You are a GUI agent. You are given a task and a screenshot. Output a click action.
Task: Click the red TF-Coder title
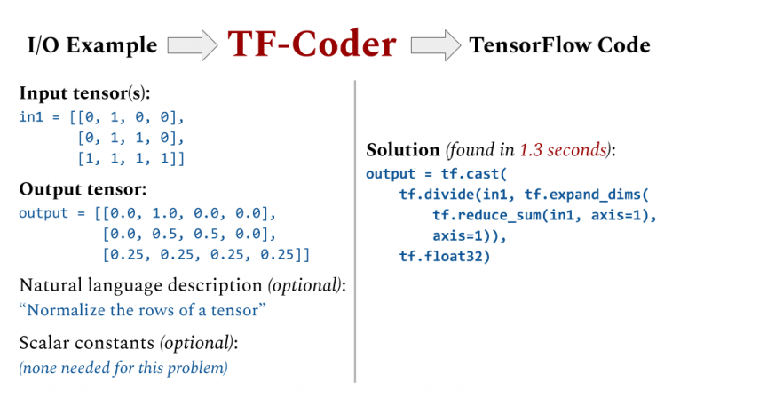(x=312, y=43)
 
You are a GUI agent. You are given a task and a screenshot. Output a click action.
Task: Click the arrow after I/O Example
(x=192, y=44)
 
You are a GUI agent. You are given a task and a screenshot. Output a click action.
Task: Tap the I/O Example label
(x=88, y=45)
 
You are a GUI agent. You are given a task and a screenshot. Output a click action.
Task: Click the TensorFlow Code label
(x=559, y=45)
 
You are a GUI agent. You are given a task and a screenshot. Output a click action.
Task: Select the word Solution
(x=402, y=150)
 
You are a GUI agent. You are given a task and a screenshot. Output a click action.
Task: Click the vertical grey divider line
(x=355, y=231)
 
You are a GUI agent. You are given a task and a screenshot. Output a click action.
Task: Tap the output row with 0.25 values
(x=206, y=255)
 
